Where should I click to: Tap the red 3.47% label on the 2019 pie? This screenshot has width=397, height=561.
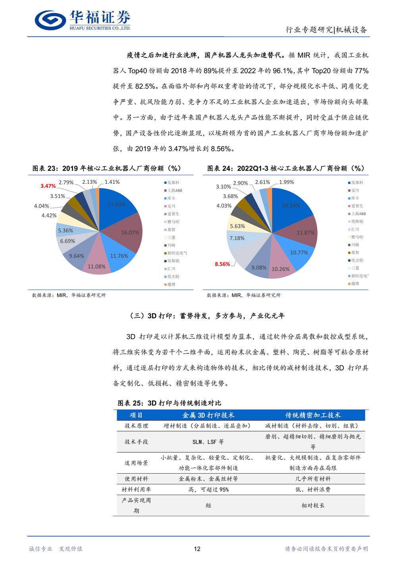click(48, 186)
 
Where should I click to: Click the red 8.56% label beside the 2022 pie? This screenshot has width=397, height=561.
click(222, 264)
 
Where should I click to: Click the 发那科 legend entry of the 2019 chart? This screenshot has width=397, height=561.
click(173, 183)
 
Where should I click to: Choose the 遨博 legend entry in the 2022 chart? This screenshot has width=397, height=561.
click(355, 283)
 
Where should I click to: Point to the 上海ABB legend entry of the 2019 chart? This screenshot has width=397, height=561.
click(174, 191)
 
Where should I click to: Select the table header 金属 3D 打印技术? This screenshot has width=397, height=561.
click(208, 415)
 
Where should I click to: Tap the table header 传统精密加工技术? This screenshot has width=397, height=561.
click(313, 415)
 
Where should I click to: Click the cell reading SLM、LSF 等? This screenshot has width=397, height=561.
click(208, 441)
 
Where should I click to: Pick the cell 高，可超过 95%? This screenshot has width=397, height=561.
click(208, 490)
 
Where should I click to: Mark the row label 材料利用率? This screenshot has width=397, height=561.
click(136, 490)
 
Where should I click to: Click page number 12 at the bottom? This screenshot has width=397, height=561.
click(197, 549)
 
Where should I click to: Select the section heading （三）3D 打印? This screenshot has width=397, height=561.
click(206, 316)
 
